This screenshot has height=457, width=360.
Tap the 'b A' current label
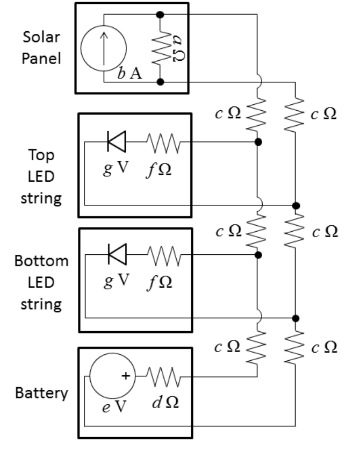pyautogui.click(x=131, y=74)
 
